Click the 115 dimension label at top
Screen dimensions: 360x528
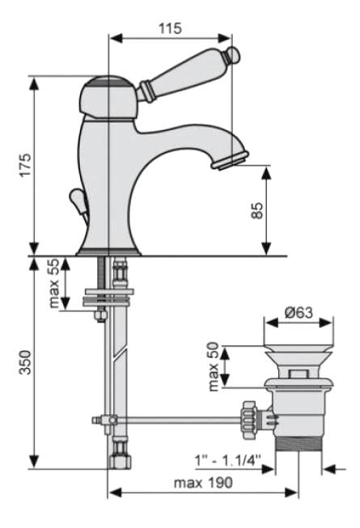pyautogui.click(x=170, y=28)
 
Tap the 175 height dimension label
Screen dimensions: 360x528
pyautogui.click(x=25, y=165)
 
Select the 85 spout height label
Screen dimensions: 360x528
pyautogui.click(x=257, y=210)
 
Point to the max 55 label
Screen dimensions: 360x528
pyautogui.click(x=54, y=283)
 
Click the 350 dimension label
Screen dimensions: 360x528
pyautogui.click(x=25, y=362)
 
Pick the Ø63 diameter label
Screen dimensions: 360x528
pyautogui.click(x=299, y=312)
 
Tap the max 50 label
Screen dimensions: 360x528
pyautogui.click(x=214, y=367)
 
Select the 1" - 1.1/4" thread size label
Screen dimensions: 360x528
pyautogui.click(x=228, y=460)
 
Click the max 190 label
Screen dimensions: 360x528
pyautogui.click(x=203, y=483)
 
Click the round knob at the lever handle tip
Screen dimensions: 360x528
pyautogui.click(x=233, y=54)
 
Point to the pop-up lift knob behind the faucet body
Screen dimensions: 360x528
pyautogui.click(x=78, y=203)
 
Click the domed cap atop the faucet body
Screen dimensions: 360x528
pyautogui.click(x=108, y=96)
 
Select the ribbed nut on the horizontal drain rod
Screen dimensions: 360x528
pyautogui.click(x=249, y=420)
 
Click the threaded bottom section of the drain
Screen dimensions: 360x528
pyautogui.click(x=299, y=443)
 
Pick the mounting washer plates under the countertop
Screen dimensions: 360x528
pyautogui.click(x=108, y=298)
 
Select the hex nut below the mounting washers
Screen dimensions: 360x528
pyautogui.click(x=101, y=315)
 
